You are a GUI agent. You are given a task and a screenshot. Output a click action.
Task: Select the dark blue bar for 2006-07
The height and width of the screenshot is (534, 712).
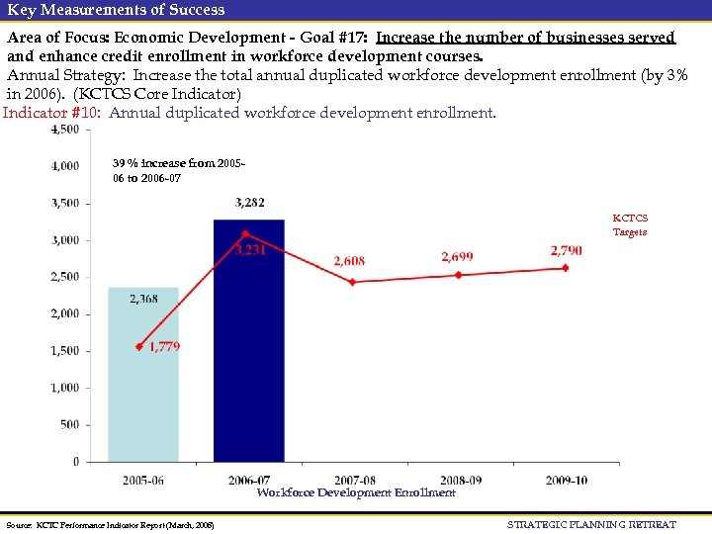click(249, 340)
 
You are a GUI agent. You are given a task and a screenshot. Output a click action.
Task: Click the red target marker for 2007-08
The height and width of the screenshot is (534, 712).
click(353, 282)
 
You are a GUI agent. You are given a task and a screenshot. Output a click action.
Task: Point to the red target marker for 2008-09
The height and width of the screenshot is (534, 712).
click(459, 275)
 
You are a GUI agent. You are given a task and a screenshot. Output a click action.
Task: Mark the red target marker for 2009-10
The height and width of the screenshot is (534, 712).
click(566, 267)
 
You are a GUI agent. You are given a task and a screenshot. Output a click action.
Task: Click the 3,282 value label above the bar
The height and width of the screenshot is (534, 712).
click(249, 203)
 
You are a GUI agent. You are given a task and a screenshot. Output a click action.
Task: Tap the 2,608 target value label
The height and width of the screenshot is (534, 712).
click(348, 261)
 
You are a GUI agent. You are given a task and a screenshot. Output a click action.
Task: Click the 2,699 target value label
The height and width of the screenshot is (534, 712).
click(457, 256)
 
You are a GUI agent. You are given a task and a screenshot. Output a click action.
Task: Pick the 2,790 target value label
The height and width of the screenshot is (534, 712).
click(566, 251)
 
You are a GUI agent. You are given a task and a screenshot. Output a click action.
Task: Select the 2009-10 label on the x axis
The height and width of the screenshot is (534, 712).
click(566, 480)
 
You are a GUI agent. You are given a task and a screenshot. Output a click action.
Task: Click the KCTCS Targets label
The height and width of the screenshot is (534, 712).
click(630, 224)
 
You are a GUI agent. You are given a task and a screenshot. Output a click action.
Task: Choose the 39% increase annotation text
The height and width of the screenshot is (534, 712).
click(164, 170)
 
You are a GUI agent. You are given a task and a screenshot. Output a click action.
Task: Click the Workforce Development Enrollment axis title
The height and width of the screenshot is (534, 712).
click(356, 492)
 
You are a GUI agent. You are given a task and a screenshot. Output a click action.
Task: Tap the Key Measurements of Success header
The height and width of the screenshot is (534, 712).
click(116, 10)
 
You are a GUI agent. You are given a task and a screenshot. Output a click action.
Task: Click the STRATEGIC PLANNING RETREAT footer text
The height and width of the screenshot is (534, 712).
click(591, 524)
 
